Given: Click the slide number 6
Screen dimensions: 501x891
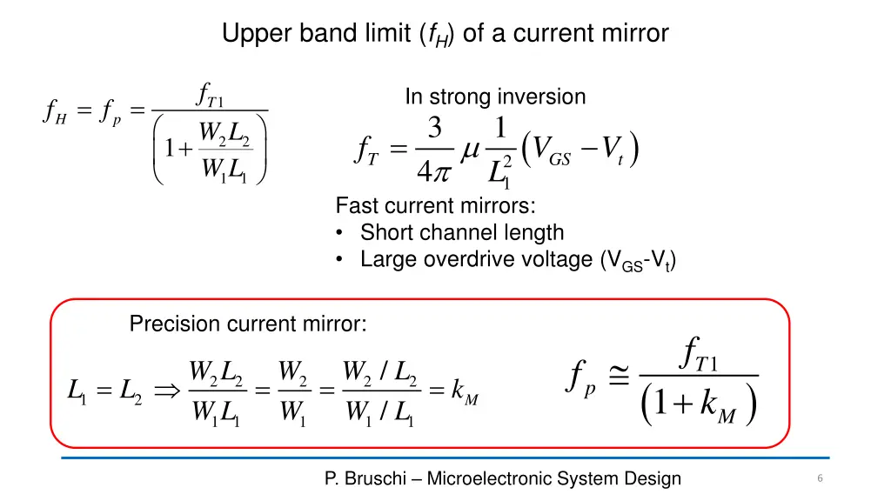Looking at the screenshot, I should (820, 478).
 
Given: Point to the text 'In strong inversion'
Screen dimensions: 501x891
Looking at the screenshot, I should (495, 97).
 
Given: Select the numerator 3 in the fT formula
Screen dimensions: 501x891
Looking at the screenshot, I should (435, 128).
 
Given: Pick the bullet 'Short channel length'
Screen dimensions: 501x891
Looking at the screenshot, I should (462, 232).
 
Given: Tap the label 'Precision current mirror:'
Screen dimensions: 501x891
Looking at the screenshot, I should (248, 324).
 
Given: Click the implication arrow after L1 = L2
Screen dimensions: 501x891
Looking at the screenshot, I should (164, 392).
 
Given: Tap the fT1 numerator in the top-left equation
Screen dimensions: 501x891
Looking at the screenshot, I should (210, 93).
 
